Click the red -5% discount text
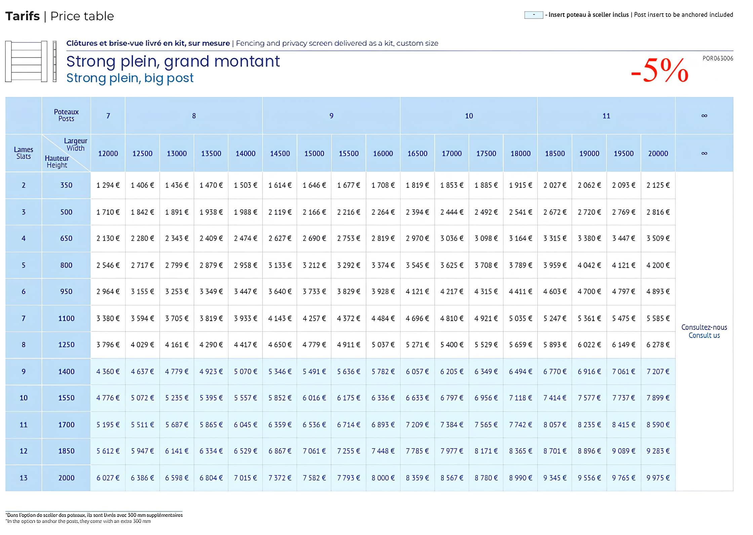(660, 71)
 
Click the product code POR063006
(717, 59)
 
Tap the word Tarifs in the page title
(23, 16)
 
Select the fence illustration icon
(30, 61)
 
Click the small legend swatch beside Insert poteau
(533, 15)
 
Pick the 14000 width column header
(245, 153)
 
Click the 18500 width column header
(555, 153)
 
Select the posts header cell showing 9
(331, 116)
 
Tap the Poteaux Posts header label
(66, 115)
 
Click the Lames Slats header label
(24, 153)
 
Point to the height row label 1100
(66, 318)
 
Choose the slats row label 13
(24, 478)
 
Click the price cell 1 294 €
(108, 185)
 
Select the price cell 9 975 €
(658, 478)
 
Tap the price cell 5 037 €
(383, 345)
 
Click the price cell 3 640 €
(280, 292)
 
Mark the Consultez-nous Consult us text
(704, 331)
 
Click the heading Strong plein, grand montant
(173, 62)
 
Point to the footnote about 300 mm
(94, 518)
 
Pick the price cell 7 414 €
(555, 398)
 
